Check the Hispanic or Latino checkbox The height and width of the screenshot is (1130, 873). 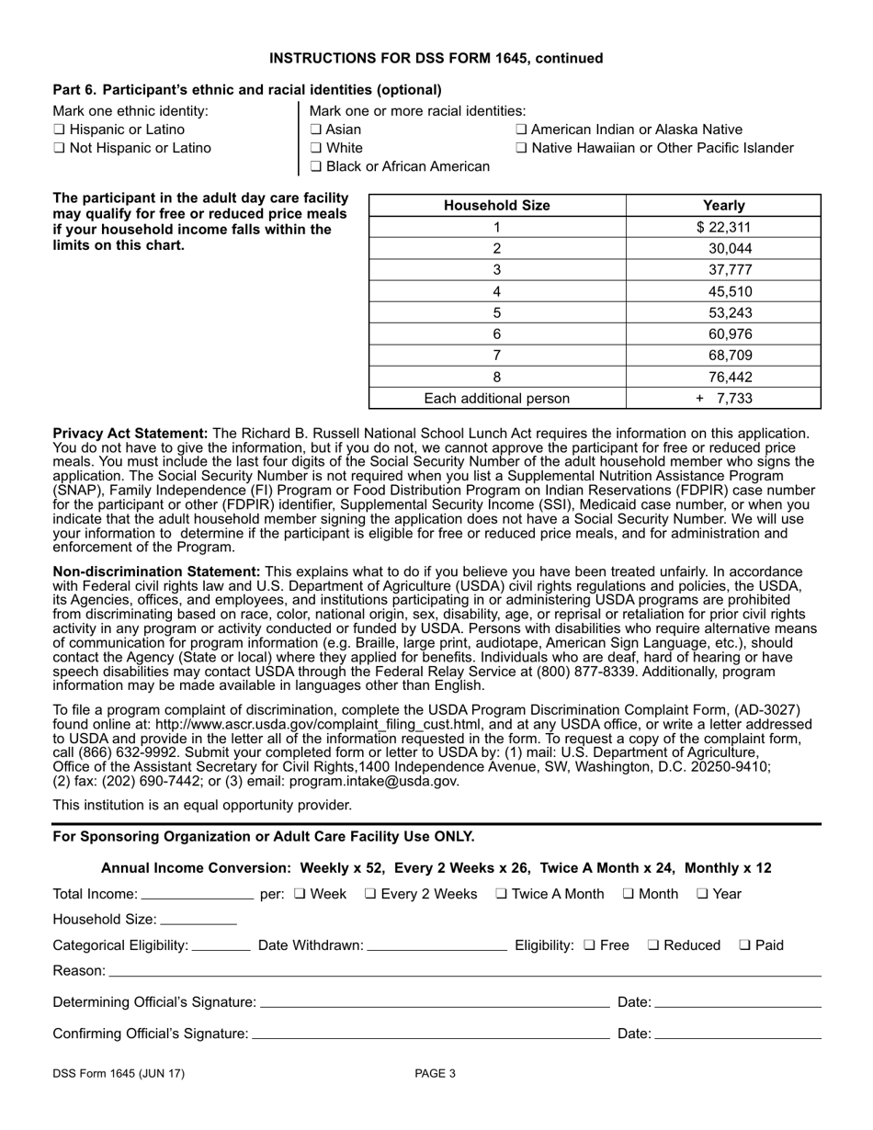tap(59, 130)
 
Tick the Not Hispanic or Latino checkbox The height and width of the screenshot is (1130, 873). tap(59, 149)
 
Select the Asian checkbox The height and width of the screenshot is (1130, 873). tap(315, 130)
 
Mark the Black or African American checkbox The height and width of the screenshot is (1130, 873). tap(315, 167)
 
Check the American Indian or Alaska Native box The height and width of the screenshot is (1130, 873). tap(521, 130)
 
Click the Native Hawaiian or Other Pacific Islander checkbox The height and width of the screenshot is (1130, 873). tap(521, 149)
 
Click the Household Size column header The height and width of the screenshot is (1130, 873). tap(496, 206)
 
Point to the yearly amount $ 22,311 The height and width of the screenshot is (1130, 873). tap(724, 228)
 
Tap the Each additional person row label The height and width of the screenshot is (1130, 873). tap(496, 399)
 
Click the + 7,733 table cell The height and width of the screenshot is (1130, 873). tap(724, 399)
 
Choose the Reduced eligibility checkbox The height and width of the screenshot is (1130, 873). tap(653, 945)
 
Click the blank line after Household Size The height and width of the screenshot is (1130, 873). tap(198, 921)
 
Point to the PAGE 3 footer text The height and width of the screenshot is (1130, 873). tap(435, 1074)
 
